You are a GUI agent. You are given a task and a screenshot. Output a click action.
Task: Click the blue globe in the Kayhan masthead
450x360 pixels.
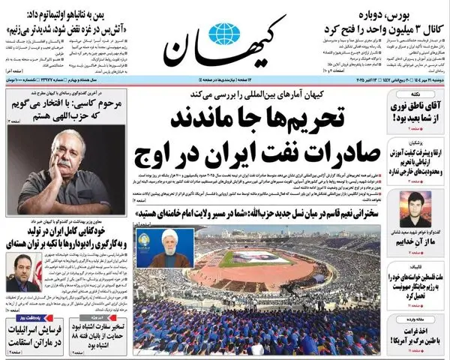223,34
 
